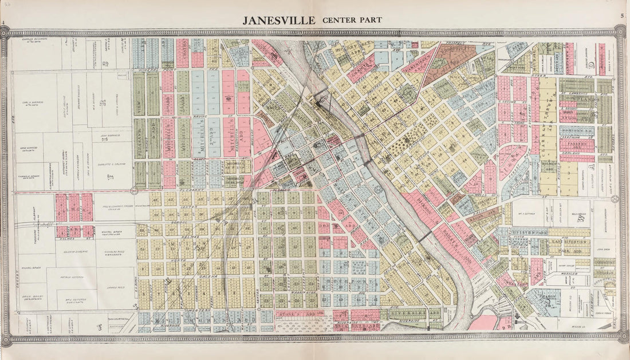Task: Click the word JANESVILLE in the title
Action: [x=278, y=21]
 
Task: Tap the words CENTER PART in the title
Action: [x=352, y=21]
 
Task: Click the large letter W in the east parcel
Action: [x=580, y=219]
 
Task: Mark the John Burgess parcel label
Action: [x=113, y=136]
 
